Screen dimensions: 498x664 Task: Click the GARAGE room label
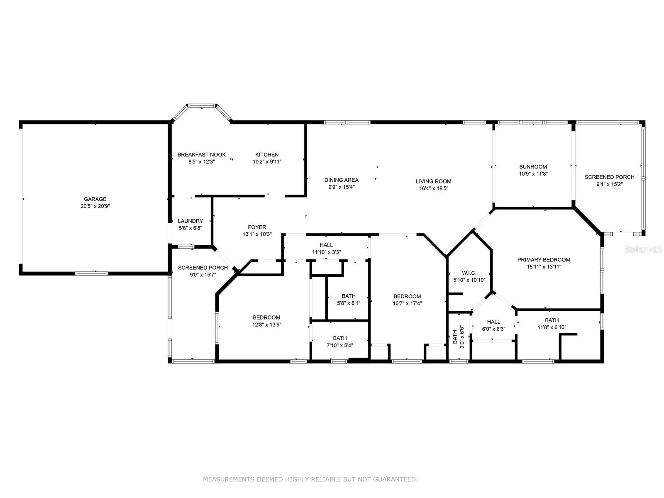coord(95,199)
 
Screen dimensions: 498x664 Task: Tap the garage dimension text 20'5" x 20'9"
coord(95,206)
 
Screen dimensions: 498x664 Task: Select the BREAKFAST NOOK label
coord(202,155)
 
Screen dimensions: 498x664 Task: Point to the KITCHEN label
coord(267,155)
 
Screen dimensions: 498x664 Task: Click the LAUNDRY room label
coord(190,221)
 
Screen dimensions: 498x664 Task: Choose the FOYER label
coord(257,227)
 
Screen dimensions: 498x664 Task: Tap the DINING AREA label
coord(341,180)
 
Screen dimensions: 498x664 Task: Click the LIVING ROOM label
coord(433,181)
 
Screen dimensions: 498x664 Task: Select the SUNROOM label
coord(533,167)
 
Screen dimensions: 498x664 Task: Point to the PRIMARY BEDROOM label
coord(544,260)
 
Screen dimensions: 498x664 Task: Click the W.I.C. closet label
coord(469,273)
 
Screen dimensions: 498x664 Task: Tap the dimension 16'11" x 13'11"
coord(544,267)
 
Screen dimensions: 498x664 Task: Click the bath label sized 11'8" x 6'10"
coord(552,320)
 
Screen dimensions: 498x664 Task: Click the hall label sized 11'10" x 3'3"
coord(326,245)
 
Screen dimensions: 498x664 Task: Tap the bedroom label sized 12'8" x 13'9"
coord(266,317)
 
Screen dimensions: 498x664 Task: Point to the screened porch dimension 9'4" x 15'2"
coord(609,184)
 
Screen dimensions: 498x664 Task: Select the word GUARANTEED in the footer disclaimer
coord(397,479)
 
